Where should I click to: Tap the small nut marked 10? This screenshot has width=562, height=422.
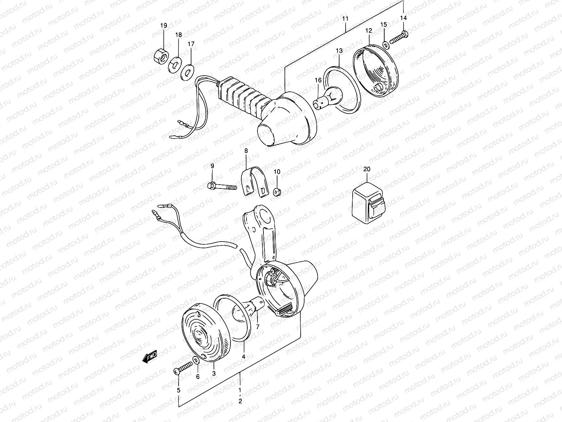(276, 192)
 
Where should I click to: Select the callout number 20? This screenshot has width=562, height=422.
(367, 169)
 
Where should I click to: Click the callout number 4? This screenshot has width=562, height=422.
(243, 356)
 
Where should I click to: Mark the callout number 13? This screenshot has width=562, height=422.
(339, 51)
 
